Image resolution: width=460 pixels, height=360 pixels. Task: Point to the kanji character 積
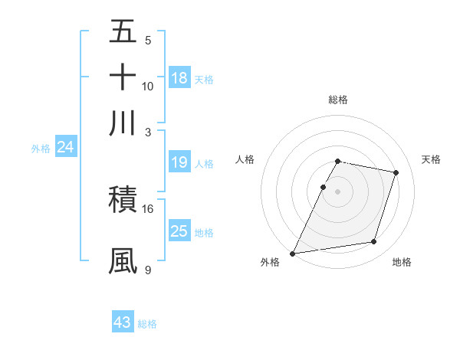pos(123,200)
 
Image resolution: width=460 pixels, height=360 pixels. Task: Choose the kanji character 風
pos(123,260)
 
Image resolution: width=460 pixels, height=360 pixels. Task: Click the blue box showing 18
pos(179,78)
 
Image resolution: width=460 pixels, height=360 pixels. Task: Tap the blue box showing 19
pos(179,163)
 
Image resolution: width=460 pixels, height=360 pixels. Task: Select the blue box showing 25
pos(179,231)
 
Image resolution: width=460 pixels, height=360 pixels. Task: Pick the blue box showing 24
pos(65,148)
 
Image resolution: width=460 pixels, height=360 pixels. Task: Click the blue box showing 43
pos(123,322)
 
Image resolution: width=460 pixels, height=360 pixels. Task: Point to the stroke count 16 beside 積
pos(148,208)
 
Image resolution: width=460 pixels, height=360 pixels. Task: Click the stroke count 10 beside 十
pos(148,86)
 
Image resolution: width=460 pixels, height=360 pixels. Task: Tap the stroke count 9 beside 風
pos(148,270)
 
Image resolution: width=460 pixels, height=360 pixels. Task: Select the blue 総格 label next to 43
pos(147,324)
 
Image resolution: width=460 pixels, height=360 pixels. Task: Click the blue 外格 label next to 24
pos(41,149)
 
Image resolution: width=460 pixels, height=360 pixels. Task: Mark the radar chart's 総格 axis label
pos(338,100)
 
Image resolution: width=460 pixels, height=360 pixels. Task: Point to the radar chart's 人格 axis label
pos(245,159)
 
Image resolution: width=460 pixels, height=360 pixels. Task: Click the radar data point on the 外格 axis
pos(293,253)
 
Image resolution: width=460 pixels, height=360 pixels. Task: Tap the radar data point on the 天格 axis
pos(396,173)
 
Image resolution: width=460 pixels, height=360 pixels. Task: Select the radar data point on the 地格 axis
pos(374,241)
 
